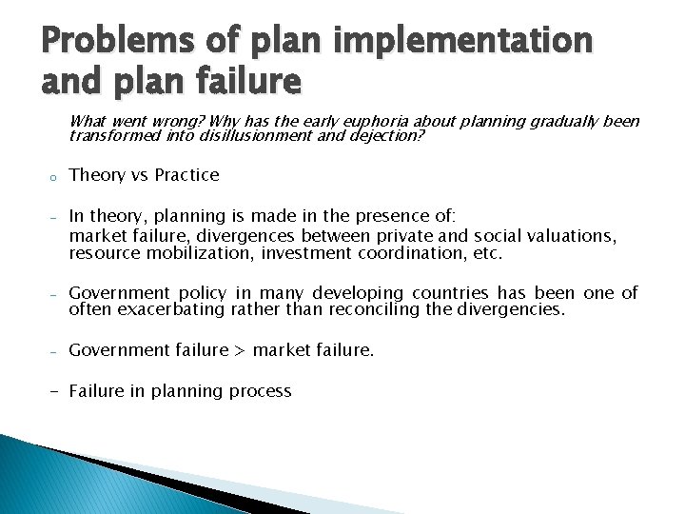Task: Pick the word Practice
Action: (186, 175)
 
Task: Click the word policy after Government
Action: (208, 293)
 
